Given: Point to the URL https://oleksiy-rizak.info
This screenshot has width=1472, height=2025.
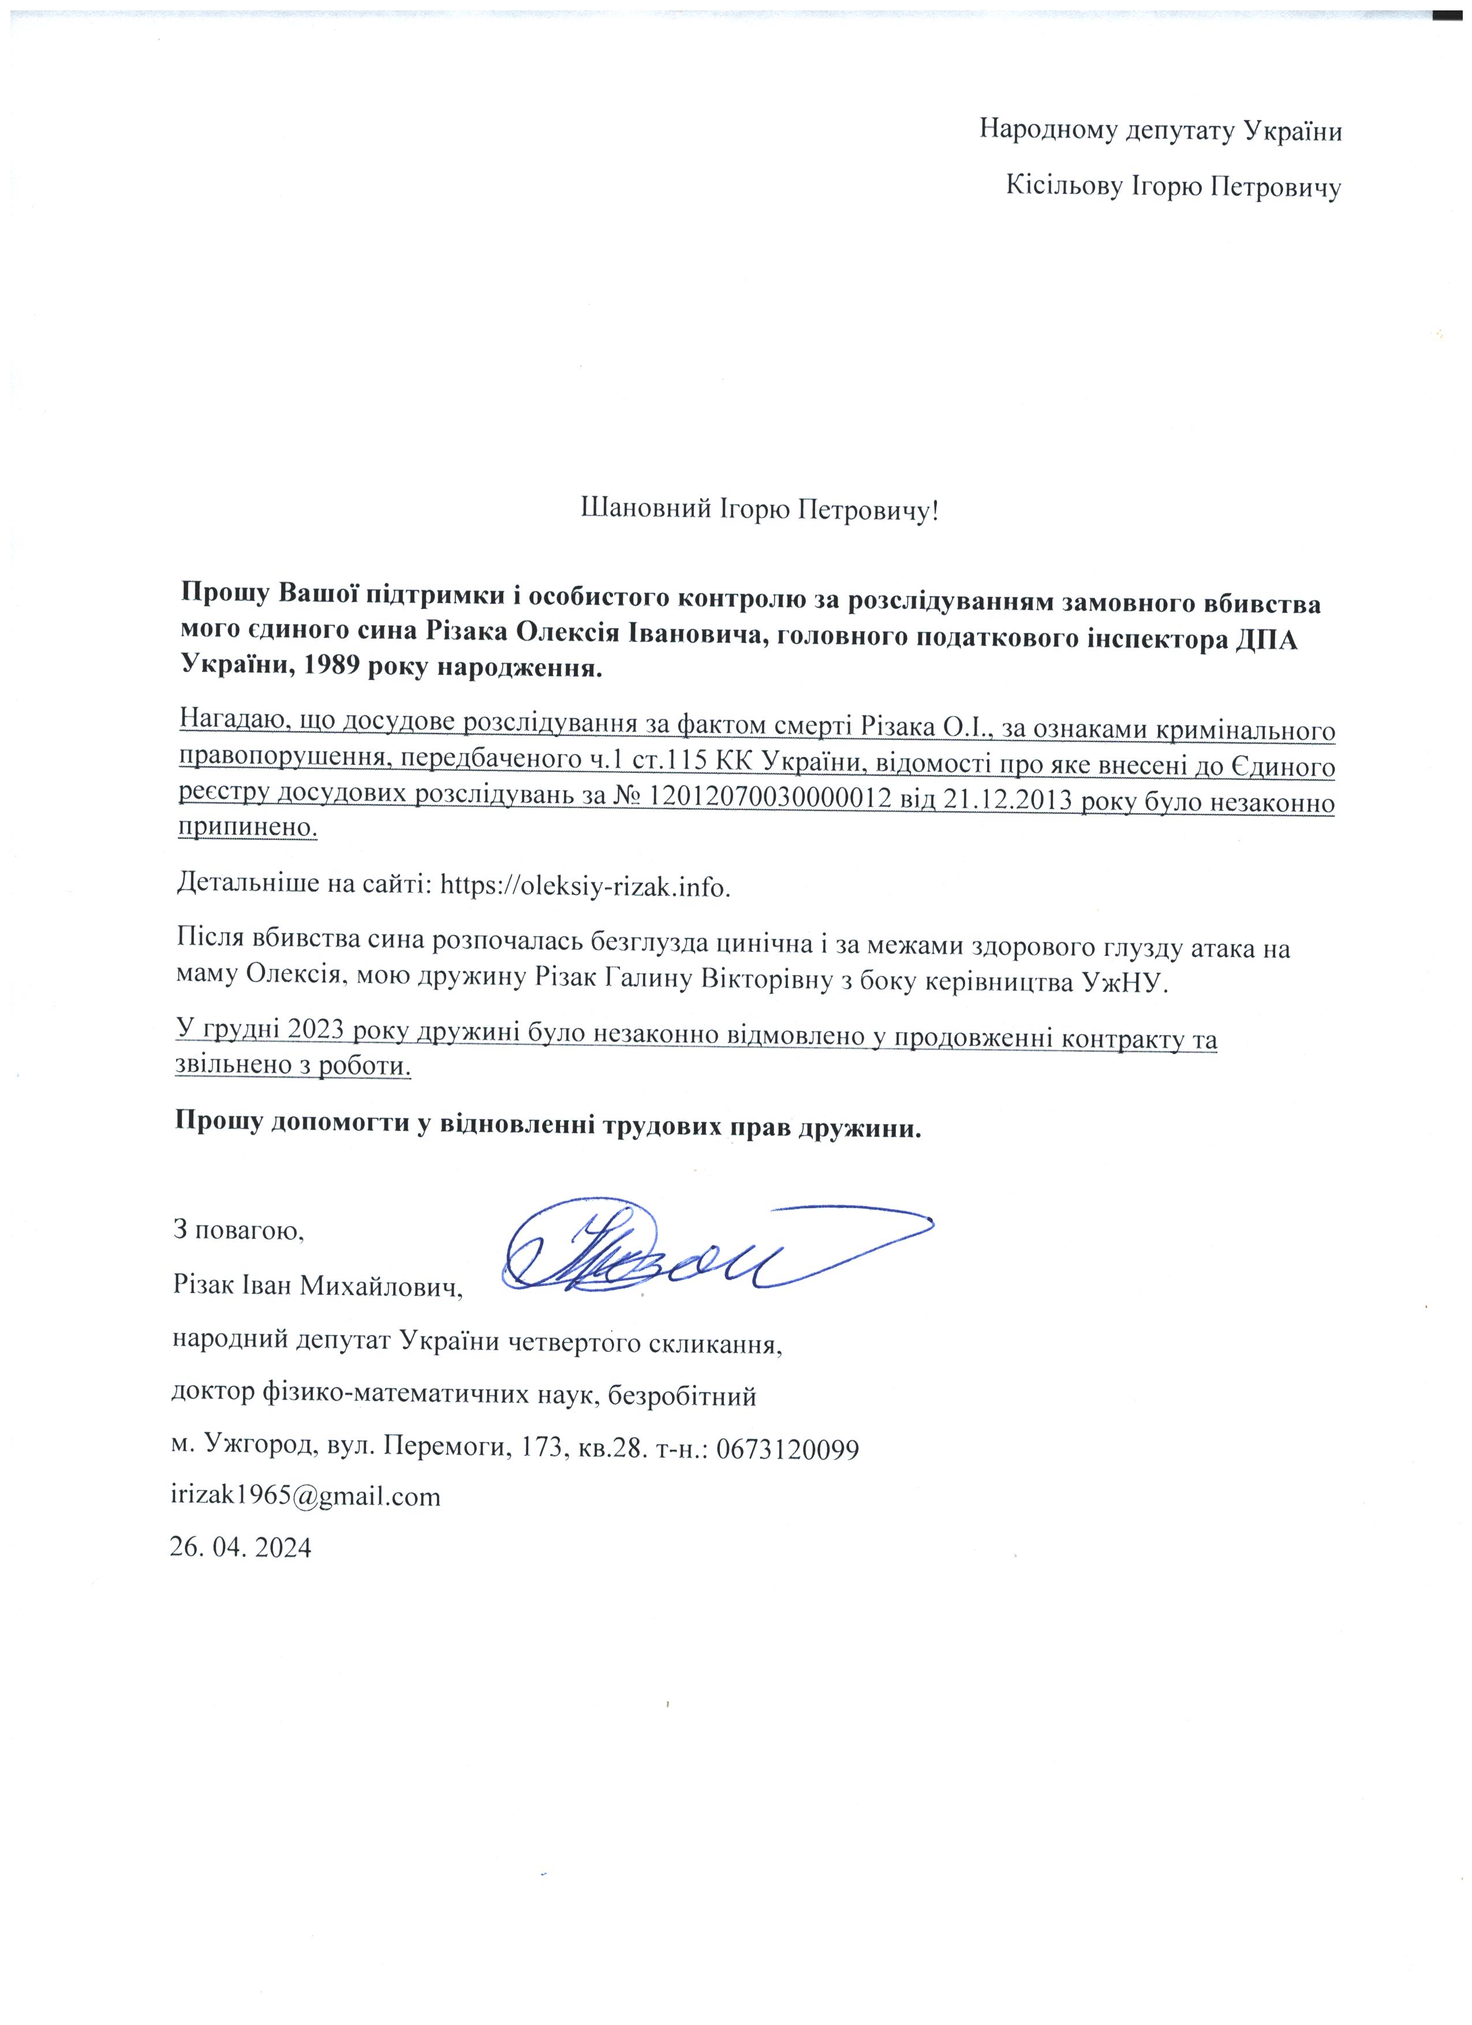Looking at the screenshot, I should pos(585,885).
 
